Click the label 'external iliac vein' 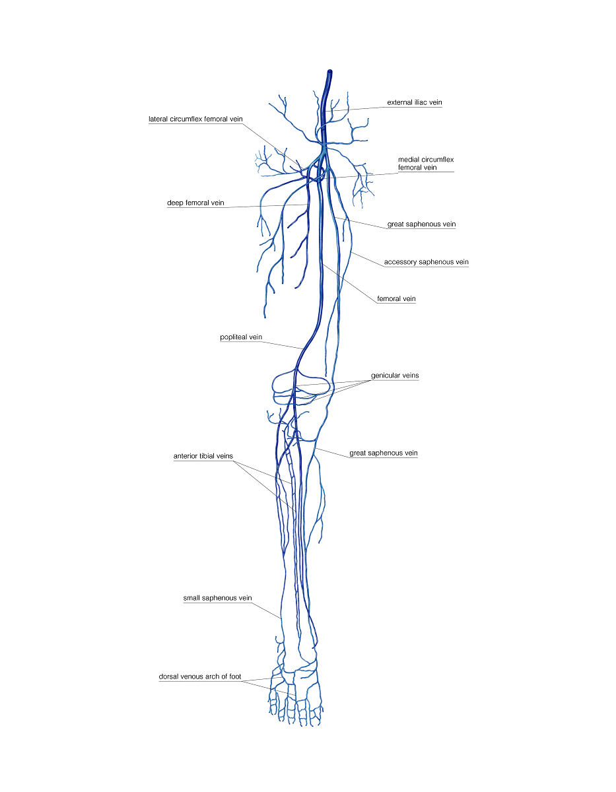(414, 102)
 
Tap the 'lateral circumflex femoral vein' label (195, 119)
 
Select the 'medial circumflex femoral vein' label (426, 163)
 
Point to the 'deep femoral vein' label (195, 203)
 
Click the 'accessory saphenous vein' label (426, 262)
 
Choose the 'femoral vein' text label (396, 298)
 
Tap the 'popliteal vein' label (241, 337)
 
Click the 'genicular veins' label (395, 376)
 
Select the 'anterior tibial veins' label (203, 456)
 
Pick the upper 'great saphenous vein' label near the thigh (421, 224)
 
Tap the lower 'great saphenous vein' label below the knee (384, 453)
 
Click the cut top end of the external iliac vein (330, 71)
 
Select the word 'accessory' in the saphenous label (400, 262)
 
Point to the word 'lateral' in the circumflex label (158, 119)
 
